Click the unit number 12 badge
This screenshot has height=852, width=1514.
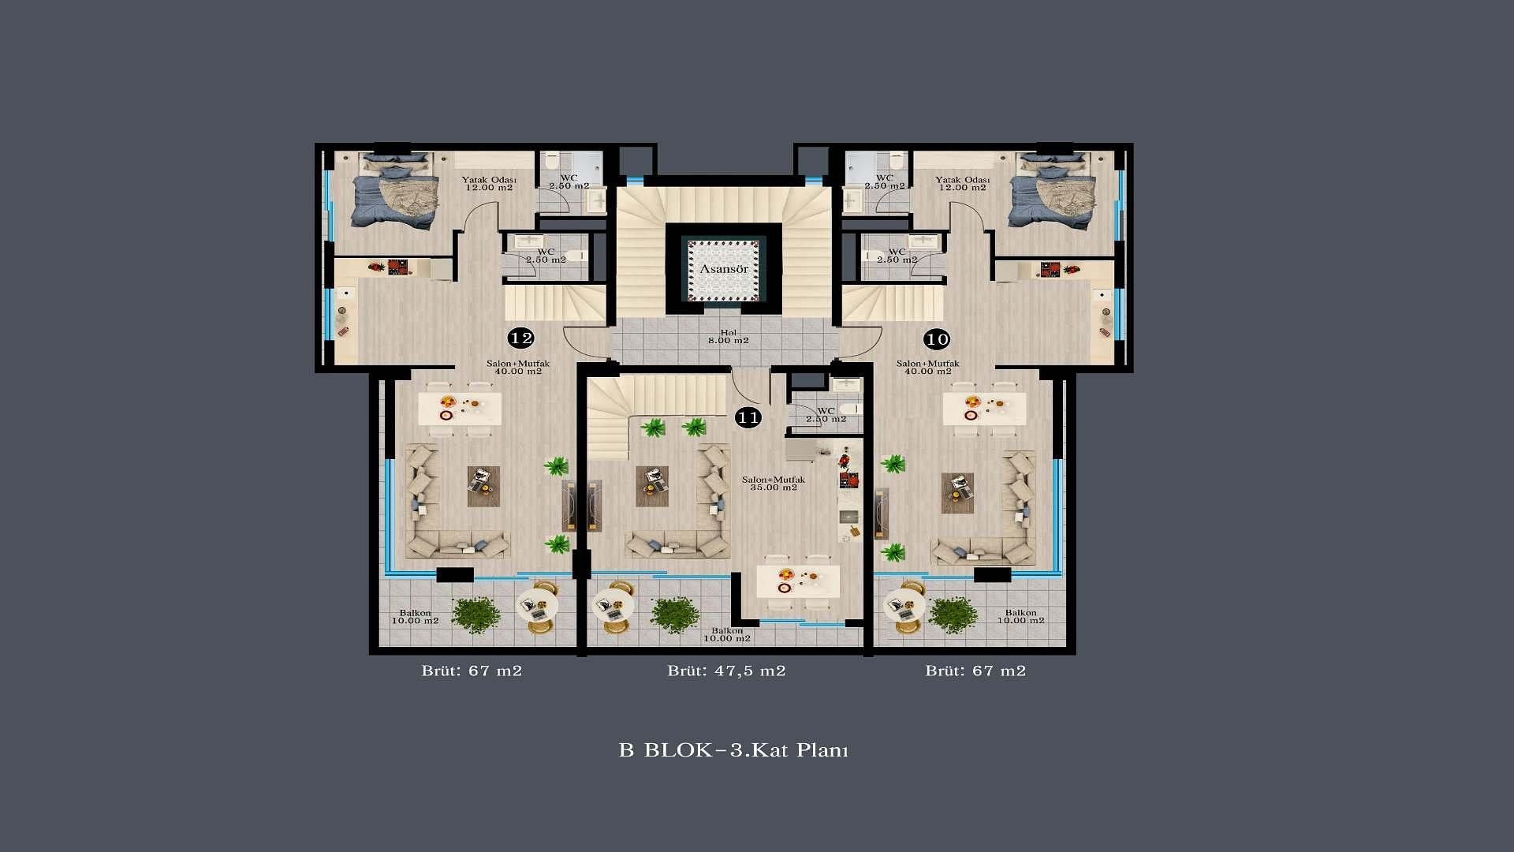[x=521, y=338]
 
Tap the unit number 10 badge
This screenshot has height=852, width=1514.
[x=937, y=339]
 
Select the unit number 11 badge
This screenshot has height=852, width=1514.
[x=748, y=417]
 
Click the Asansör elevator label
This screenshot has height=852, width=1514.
[x=724, y=269]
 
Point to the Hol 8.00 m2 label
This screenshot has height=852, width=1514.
[x=728, y=337]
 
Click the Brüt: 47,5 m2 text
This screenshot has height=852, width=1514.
[x=726, y=671]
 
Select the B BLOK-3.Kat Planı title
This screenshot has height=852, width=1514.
[x=733, y=749]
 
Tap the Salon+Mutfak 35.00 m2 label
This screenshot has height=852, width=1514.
[x=774, y=484]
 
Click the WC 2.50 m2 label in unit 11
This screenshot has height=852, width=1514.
[x=826, y=415]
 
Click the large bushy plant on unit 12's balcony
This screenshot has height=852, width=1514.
[x=476, y=614]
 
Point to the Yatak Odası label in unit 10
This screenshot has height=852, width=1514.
[x=961, y=180]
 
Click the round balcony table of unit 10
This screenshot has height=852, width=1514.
[x=904, y=606]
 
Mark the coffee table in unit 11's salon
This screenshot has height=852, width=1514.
[x=652, y=486]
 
